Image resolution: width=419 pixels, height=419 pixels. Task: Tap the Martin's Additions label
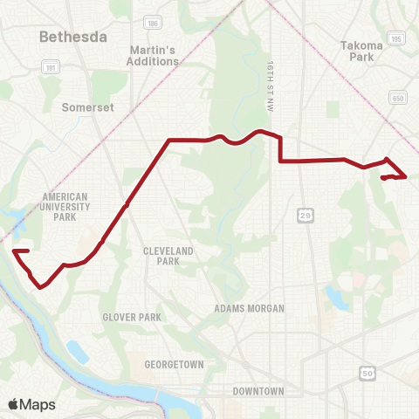[x=153, y=55]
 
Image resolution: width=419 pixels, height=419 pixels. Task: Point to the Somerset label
[x=84, y=108]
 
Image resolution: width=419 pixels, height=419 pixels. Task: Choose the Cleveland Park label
[x=161, y=256]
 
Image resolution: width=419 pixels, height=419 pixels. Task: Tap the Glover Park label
[x=130, y=318]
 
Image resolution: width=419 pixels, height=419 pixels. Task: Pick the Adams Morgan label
[x=249, y=308]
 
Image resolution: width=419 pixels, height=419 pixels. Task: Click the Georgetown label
[x=175, y=364]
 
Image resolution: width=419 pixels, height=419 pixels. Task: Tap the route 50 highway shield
[x=367, y=374]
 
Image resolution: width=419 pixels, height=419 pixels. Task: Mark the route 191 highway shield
[x=50, y=65]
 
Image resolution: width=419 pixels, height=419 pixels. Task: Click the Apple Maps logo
[x=31, y=404]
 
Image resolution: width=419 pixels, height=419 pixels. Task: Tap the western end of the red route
[x=15, y=251]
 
